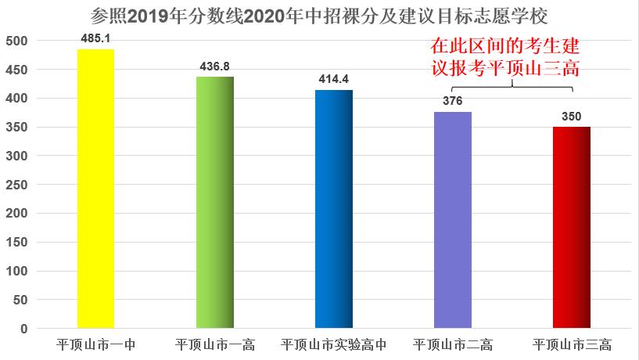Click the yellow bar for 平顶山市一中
pyautogui.click(x=95, y=188)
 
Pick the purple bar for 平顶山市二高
pyautogui.click(x=453, y=220)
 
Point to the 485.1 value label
pyautogui.click(x=95, y=37)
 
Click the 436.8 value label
pyautogui.click(x=214, y=67)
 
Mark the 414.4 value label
pyautogui.click(x=334, y=79)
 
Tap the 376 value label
pyautogui.click(x=453, y=101)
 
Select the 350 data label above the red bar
pyautogui.click(x=572, y=116)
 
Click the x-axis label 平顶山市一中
pyautogui.click(x=95, y=344)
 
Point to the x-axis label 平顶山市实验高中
pyautogui.click(x=334, y=344)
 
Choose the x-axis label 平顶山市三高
pyautogui.click(x=572, y=344)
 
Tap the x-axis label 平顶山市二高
pyautogui.click(x=453, y=344)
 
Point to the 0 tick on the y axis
pyautogui.click(x=24, y=329)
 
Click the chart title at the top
pyautogui.click(x=319, y=15)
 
